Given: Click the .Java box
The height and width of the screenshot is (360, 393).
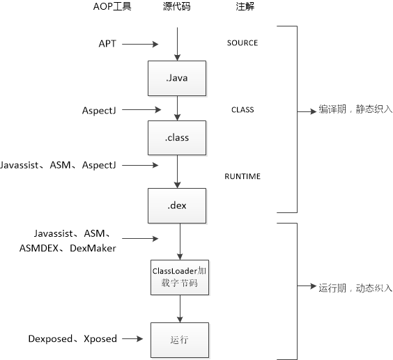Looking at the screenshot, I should pos(178,78).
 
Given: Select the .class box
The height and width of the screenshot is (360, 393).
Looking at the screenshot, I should pos(178,137).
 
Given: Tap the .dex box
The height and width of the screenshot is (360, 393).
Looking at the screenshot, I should pos(178,205).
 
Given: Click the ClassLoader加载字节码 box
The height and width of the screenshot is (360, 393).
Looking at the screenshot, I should pos(180,276).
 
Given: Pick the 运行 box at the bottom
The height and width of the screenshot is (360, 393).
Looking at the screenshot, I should pos(180,340).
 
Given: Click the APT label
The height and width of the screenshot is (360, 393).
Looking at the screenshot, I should pos(107,44).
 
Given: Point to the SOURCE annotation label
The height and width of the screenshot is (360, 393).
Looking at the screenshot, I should pos(242,43).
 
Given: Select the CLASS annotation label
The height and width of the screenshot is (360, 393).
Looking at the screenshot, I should pos(242,110).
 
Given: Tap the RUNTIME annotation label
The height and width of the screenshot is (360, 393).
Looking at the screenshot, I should pos(242,177).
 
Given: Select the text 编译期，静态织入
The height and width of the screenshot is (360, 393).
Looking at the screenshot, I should pos(355,110).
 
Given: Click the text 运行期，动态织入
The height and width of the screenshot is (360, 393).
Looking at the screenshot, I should pos(355,288).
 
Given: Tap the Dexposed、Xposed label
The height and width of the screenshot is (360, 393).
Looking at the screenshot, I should pos(72,339).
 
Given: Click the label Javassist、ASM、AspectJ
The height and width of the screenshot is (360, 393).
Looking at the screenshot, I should pos(59,165).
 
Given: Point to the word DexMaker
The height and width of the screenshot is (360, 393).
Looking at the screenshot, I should pos(93,247).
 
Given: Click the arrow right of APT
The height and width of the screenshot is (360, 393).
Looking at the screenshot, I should pos(141,44).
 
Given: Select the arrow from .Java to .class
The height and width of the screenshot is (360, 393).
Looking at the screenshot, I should pos(178,108).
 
